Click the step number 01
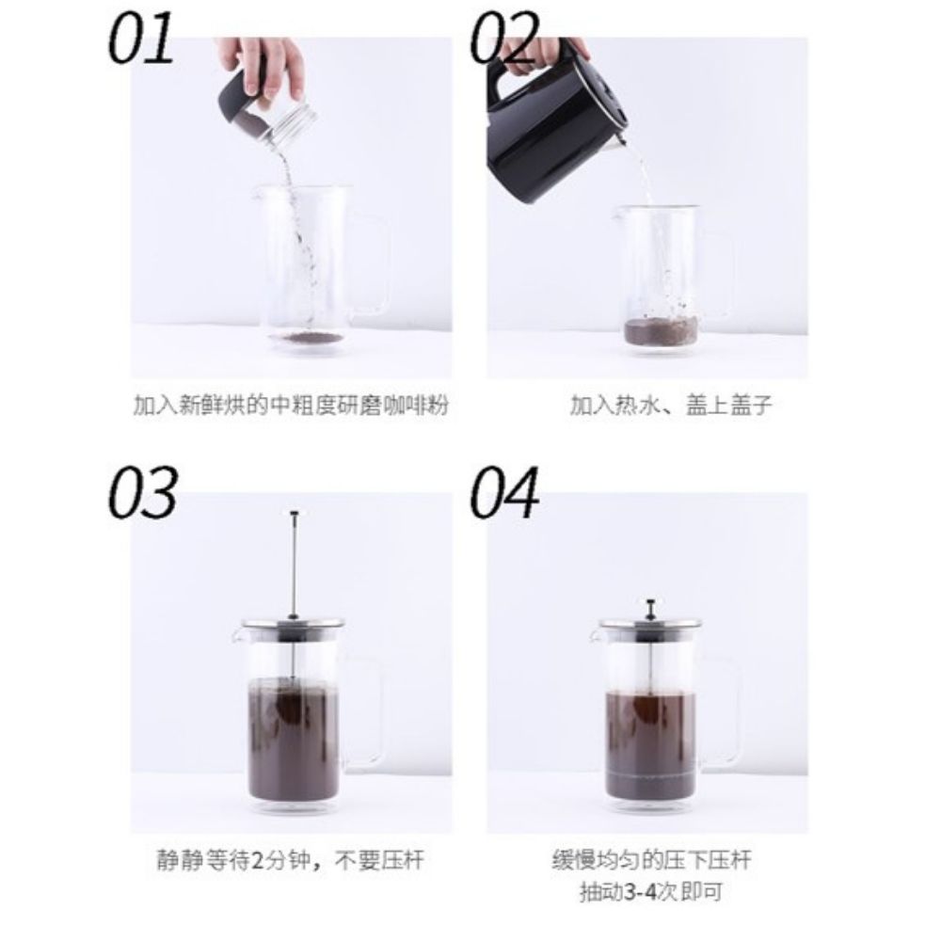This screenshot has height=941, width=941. point(141,39)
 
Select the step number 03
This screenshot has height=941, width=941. point(143,493)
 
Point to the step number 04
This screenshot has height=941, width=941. point(504,493)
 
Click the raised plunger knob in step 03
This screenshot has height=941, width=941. point(294,514)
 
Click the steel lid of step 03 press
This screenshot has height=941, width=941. point(293,624)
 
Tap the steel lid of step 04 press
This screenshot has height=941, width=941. point(650,626)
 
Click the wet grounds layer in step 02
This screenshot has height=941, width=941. point(661,332)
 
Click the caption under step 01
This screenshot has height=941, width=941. point(291,406)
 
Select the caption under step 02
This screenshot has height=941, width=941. point(671,406)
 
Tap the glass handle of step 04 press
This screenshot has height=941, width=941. point(718,710)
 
